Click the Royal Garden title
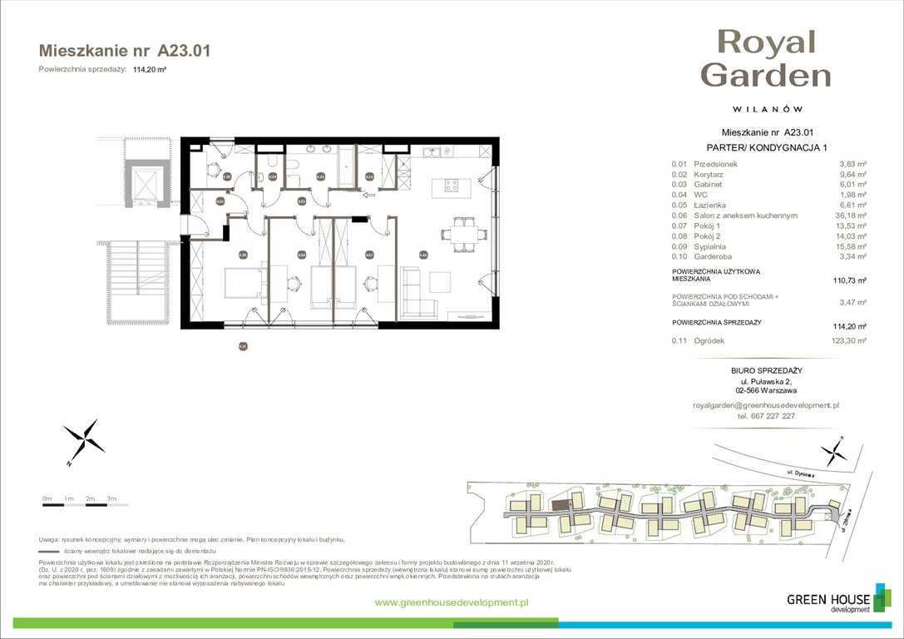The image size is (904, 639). (x=766, y=57)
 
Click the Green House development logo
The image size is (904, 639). (x=828, y=602)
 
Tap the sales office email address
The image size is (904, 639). (x=766, y=404)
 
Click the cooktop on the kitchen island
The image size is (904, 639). (x=453, y=185)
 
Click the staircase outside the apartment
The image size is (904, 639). (x=150, y=283)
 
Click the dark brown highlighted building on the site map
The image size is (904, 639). (x=561, y=503)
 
